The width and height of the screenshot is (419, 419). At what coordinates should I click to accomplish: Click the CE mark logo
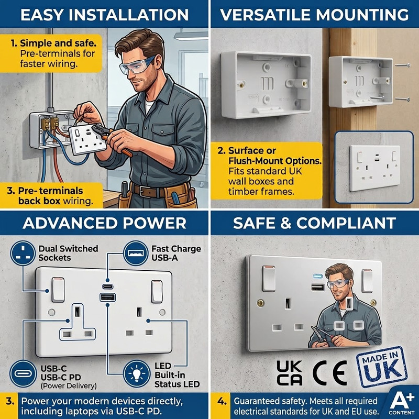click(330, 372)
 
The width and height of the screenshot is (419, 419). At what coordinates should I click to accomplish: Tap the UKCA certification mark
click(290, 372)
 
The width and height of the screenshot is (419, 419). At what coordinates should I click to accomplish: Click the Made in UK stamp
click(382, 367)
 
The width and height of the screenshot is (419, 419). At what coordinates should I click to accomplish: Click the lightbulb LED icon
click(137, 373)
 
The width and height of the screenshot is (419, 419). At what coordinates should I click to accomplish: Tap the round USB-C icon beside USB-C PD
click(23, 373)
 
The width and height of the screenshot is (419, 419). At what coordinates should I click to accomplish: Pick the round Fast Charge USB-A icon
click(136, 253)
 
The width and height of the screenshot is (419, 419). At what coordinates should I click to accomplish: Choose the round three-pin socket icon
click(23, 253)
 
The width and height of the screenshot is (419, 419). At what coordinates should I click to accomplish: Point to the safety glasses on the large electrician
click(137, 65)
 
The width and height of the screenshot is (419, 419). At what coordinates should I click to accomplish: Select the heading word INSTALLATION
click(128, 15)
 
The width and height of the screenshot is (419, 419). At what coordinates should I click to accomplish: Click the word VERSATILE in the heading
click(264, 15)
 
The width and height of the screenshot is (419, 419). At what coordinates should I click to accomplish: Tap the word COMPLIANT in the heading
click(346, 223)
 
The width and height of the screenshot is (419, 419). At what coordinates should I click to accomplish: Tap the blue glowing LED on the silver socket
click(318, 276)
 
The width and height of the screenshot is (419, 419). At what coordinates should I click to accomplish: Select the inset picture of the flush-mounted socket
click(374, 167)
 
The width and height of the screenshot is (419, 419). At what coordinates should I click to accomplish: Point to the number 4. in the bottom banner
click(222, 401)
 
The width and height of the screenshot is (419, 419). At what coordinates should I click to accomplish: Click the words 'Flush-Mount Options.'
click(275, 161)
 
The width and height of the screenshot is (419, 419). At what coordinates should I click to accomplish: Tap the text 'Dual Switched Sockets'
click(68, 253)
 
